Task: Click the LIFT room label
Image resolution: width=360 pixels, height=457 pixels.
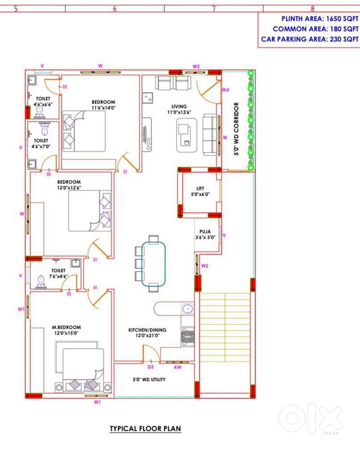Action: click(x=200, y=188)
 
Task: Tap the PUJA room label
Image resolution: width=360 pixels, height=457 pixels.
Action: click(x=205, y=231)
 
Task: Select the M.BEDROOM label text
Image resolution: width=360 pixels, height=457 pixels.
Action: click(x=66, y=327)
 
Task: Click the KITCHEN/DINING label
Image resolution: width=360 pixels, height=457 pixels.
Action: click(x=147, y=330)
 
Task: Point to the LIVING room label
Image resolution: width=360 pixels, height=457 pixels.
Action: click(x=179, y=106)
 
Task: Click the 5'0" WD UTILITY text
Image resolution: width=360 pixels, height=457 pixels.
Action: click(x=149, y=379)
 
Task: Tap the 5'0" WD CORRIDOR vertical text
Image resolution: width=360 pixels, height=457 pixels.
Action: click(x=236, y=128)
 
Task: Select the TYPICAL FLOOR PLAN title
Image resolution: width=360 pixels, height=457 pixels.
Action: click(x=145, y=429)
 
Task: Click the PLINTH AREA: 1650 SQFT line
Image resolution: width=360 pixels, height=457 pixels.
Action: click(x=320, y=19)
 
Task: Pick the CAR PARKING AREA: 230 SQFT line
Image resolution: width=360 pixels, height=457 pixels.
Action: click(x=310, y=39)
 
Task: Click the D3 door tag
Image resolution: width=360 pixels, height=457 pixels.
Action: click(x=150, y=367)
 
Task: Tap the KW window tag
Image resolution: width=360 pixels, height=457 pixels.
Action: click(x=177, y=367)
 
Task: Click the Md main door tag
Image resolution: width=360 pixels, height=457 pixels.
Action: click(x=226, y=90)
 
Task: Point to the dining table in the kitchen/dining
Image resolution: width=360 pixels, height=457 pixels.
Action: click(x=154, y=264)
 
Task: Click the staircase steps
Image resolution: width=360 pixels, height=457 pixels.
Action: click(x=225, y=327)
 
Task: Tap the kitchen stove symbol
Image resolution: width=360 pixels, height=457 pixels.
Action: click(x=188, y=337)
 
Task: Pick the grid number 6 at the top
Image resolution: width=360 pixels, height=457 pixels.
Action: click(x=115, y=9)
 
